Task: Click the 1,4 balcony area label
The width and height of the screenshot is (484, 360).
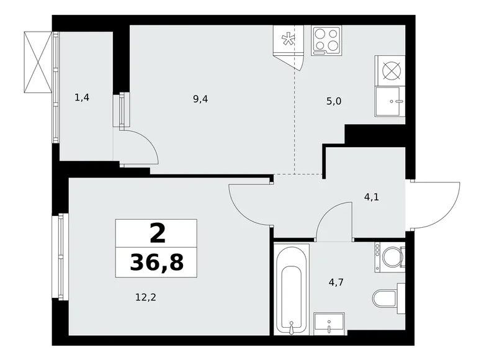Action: pyautogui.click(x=82, y=97)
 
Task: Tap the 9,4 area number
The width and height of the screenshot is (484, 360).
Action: pyautogui.click(x=200, y=98)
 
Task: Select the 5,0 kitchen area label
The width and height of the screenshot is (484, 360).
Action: pyautogui.click(x=334, y=101)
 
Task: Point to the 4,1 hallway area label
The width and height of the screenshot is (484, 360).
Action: pyautogui.click(x=372, y=197)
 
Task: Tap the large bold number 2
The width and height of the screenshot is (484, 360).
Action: pyautogui.click(x=157, y=233)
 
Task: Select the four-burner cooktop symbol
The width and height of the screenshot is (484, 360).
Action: pyautogui.click(x=327, y=40)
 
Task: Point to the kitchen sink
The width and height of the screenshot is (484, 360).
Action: pyautogui.click(x=390, y=101)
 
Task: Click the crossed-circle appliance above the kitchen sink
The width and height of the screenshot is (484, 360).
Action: pyautogui.click(x=390, y=70)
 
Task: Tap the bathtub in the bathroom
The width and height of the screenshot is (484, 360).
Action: pyautogui.click(x=291, y=289)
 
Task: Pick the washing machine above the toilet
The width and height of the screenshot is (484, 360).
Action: pyautogui.click(x=389, y=255)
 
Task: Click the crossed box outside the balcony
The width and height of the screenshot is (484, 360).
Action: pyautogui.click(x=38, y=61)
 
